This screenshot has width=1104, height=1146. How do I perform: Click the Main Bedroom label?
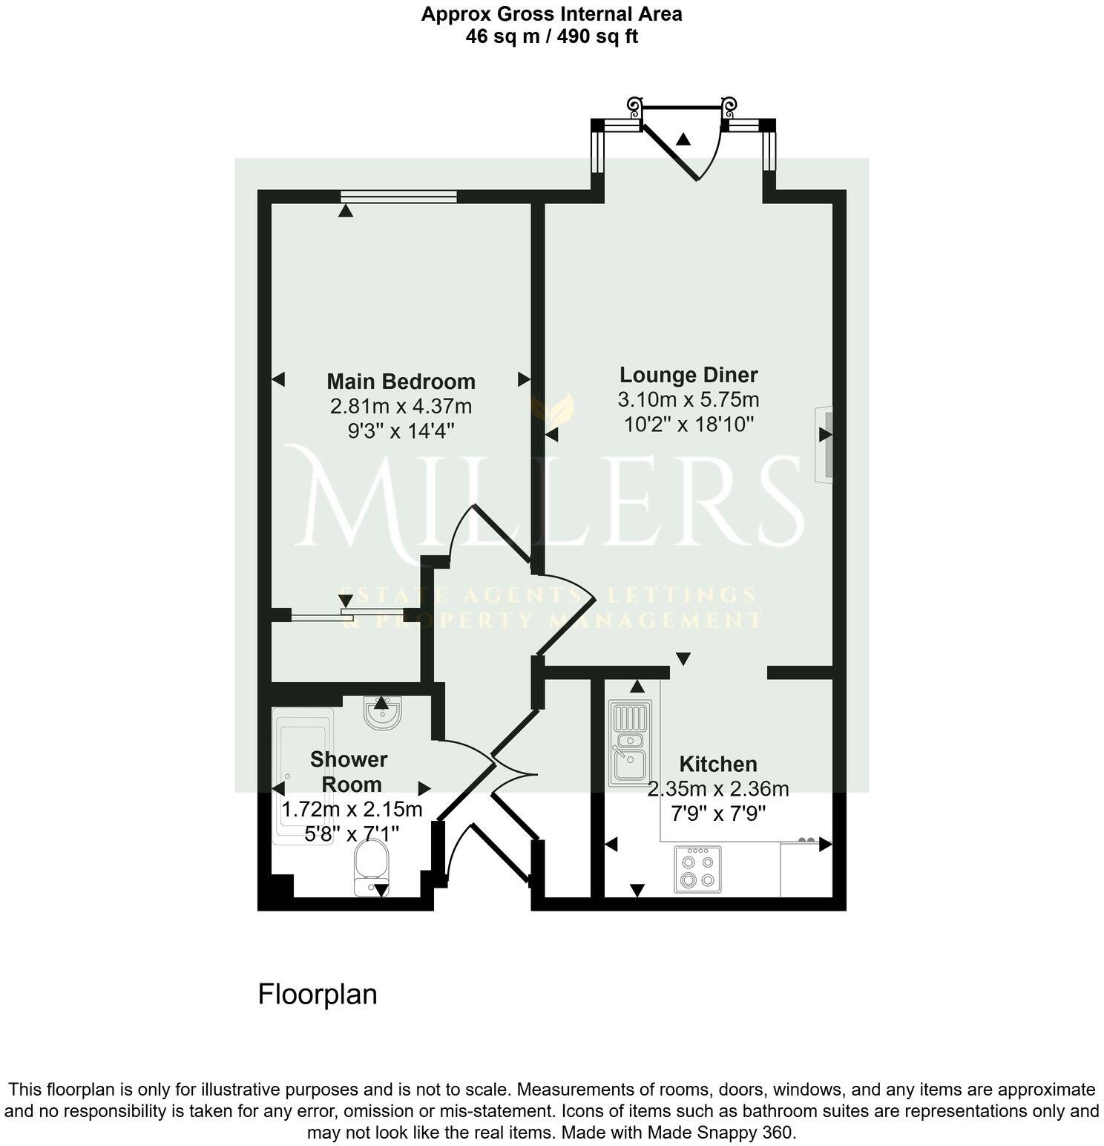coord(401,382)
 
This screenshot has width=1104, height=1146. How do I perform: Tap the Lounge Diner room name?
coord(689,375)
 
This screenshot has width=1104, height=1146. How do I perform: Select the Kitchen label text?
coord(718,764)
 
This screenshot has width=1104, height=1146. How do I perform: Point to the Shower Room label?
coord(349,772)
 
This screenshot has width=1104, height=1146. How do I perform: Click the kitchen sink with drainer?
coord(628,743)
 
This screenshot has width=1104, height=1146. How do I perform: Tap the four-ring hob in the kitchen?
coord(697,869)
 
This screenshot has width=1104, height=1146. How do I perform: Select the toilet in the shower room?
coord(372,865)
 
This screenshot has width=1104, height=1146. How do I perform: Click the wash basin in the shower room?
coord(383,713)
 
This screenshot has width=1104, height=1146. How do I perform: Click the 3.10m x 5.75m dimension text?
coord(689,400)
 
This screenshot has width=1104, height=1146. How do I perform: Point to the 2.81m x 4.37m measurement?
coord(401,407)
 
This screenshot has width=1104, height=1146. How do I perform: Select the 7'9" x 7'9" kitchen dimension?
coord(718,814)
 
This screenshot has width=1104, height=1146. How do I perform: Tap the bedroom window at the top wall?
coord(398,196)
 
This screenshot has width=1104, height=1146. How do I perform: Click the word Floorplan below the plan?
coord(318,995)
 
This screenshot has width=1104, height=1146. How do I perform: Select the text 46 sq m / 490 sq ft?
coord(551,36)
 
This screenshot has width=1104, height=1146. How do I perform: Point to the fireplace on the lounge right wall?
coord(824,444)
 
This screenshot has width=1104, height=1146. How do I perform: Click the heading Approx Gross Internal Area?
coord(551,13)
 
